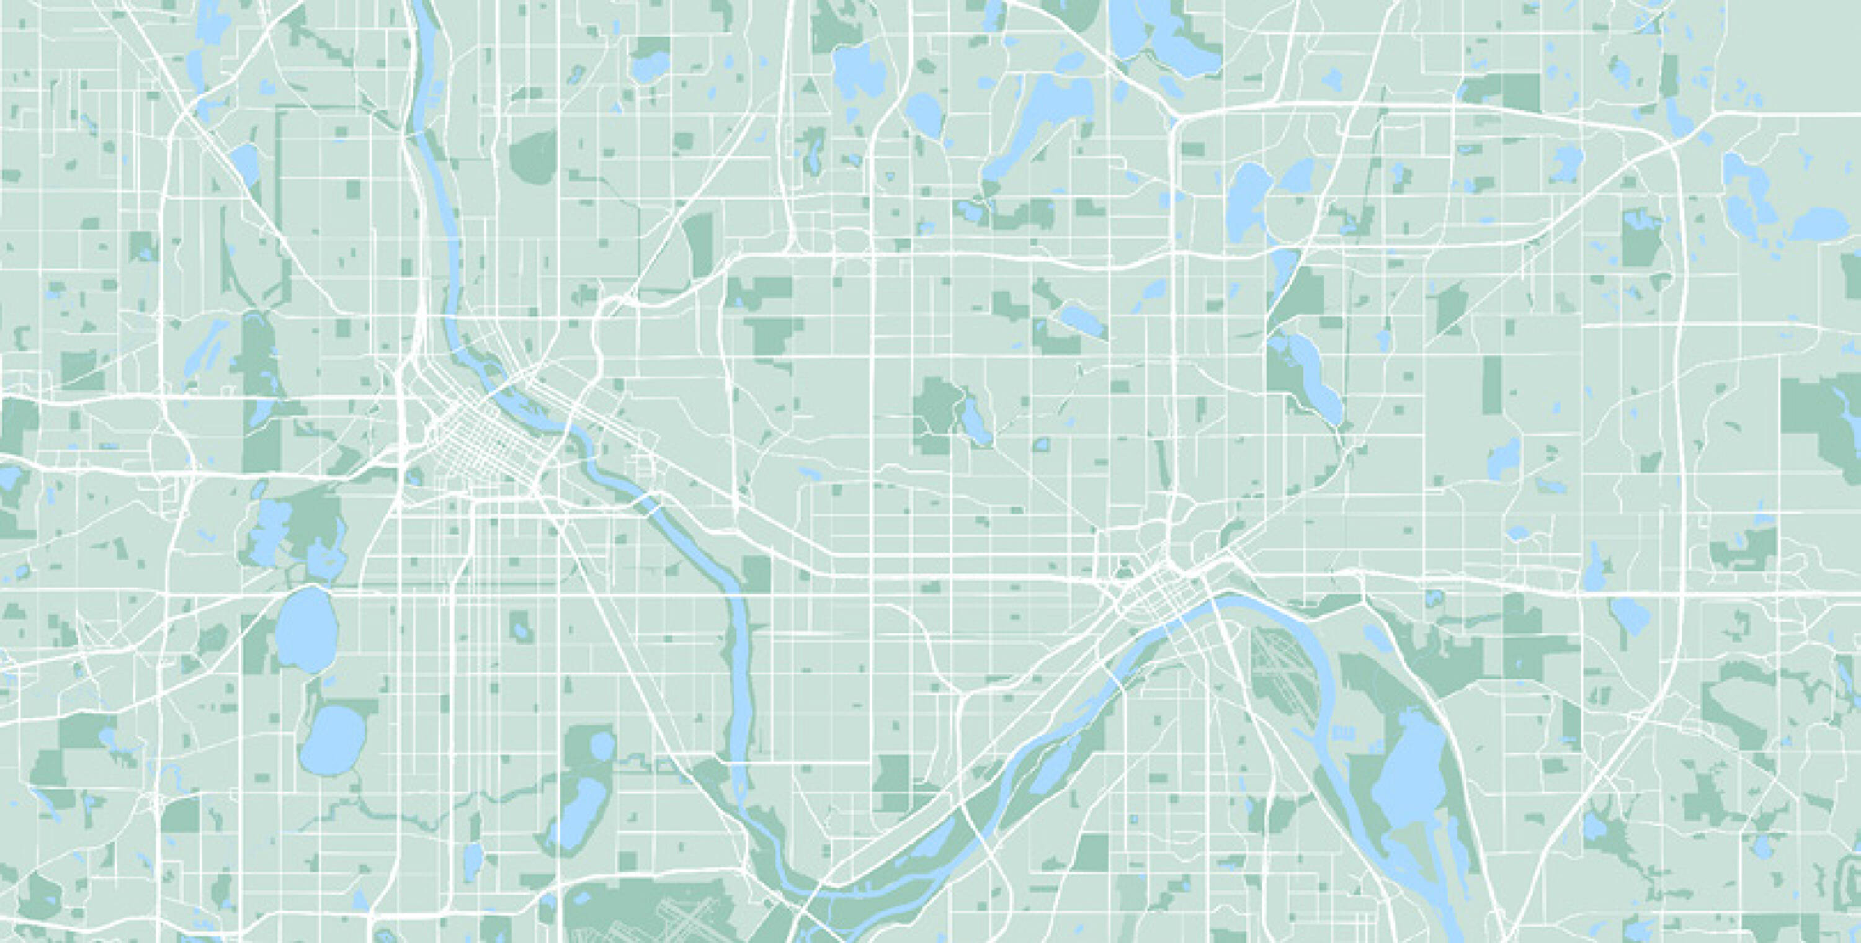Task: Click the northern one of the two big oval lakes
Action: click(x=306, y=628)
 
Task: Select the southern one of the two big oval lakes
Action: click(x=334, y=741)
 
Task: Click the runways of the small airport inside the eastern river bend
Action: click(x=1280, y=676)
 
